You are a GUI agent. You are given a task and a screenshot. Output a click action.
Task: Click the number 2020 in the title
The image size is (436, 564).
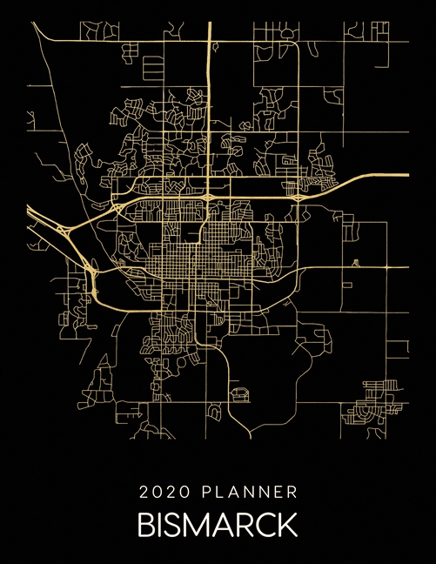point(163,493)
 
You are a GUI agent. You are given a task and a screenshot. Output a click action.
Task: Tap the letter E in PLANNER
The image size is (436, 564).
point(278,493)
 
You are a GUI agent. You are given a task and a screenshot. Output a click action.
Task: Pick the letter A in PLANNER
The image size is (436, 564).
point(232,493)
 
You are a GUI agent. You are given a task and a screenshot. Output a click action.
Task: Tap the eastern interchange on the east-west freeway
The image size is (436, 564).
point(298,198)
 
